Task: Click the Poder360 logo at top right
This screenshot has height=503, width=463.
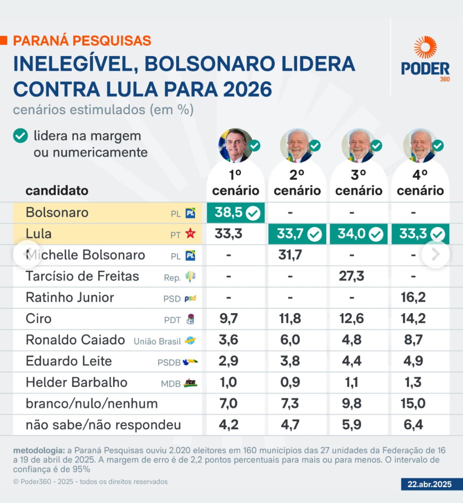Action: click(x=425, y=59)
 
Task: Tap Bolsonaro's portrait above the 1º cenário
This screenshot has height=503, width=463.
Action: click(x=235, y=145)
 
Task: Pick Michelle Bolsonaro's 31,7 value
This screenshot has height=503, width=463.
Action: click(x=290, y=255)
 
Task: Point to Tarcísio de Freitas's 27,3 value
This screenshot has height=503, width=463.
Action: click(x=351, y=276)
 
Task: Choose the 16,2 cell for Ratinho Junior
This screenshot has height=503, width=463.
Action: click(x=413, y=297)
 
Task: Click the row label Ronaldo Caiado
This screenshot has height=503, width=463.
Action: click(x=75, y=340)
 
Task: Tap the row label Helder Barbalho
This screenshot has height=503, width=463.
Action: click(x=76, y=382)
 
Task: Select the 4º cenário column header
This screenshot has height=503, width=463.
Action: click(x=420, y=183)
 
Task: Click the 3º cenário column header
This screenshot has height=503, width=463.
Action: click(x=359, y=183)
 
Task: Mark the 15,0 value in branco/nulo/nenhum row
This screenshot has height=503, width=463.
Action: click(x=413, y=404)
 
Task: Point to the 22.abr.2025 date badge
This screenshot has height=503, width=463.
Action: click(x=430, y=484)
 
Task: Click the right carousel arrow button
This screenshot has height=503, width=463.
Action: click(x=436, y=254)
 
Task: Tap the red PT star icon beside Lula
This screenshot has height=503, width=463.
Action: click(x=190, y=234)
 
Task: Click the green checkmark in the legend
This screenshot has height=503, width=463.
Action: click(x=21, y=136)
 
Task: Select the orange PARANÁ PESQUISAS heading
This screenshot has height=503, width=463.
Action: click(x=82, y=41)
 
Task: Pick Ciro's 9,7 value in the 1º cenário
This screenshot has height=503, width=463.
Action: click(x=229, y=319)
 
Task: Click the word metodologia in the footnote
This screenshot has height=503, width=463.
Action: click(x=38, y=450)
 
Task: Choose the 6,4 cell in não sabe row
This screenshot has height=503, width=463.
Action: click(x=413, y=425)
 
